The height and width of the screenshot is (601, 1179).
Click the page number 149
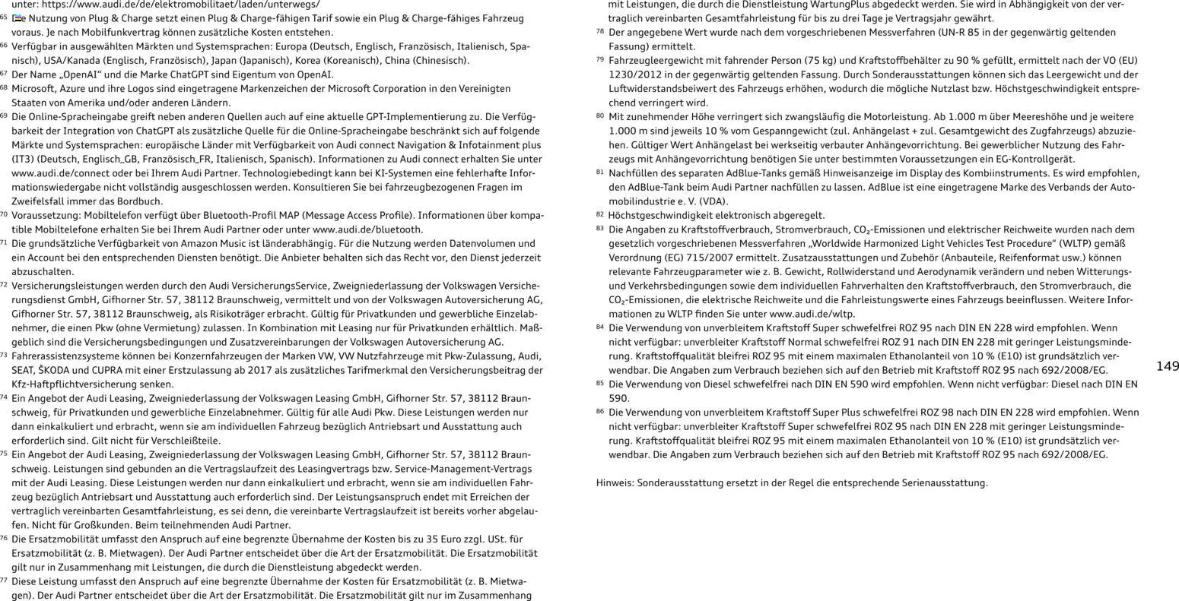click(1167, 366)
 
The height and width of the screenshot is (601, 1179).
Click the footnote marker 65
click(4, 17)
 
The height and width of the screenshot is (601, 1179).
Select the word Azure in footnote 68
click(75, 88)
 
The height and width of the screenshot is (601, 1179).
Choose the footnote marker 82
click(600, 215)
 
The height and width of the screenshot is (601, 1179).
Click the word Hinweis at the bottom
click(614, 482)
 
